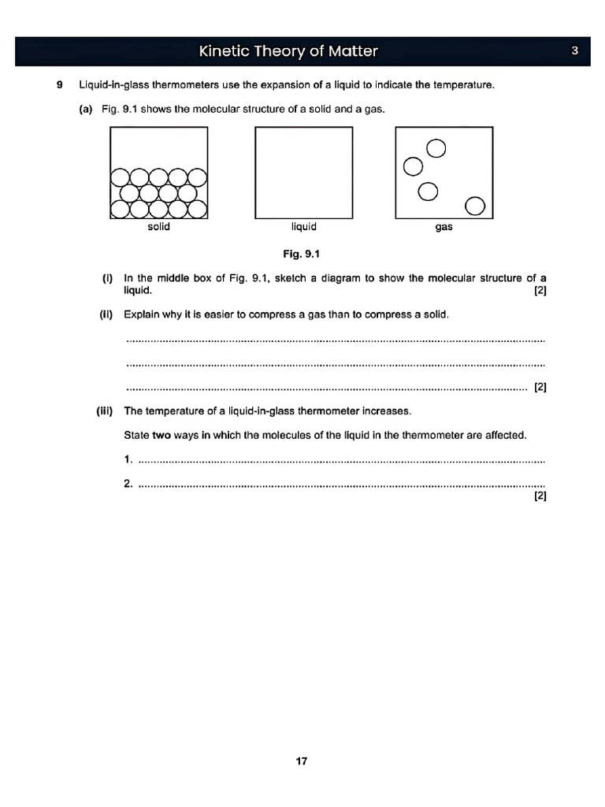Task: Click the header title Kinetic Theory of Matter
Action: pos(288,51)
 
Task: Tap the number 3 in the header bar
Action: pos(575,51)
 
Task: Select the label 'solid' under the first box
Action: pos(158,227)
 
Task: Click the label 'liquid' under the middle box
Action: pos(304,227)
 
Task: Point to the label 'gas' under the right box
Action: pos(444,227)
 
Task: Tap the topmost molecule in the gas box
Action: pos(436,148)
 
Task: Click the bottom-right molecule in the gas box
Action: pos(475,206)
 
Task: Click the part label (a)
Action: pos(86,109)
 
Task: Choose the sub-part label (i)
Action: pos(108,278)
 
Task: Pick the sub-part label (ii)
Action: pos(106,315)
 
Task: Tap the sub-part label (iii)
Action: pos(105,411)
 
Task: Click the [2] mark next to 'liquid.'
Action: pos(540,290)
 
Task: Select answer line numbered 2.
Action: pos(339,484)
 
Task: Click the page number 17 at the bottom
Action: pos(302,761)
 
